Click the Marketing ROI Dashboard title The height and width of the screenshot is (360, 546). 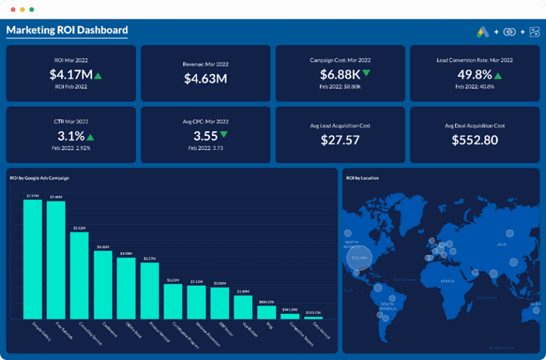point(67,30)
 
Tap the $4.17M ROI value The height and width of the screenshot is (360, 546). point(71,75)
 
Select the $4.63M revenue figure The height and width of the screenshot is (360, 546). point(206,78)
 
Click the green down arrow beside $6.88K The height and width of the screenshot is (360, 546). point(366,73)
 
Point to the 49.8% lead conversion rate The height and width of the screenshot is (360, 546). point(474,75)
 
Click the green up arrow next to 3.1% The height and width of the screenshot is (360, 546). point(90,137)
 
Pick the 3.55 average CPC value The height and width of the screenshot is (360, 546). point(205,136)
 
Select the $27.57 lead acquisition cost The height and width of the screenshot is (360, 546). point(340,140)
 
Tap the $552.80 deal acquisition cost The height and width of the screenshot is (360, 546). point(474,140)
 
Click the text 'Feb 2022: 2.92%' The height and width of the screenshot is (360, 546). point(71,148)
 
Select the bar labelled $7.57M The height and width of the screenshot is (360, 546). point(33,259)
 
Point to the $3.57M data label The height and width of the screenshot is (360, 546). point(149,259)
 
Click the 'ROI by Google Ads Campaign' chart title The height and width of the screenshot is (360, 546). point(39,178)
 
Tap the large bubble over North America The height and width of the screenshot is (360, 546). point(359,258)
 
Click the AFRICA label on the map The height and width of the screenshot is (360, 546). point(447,281)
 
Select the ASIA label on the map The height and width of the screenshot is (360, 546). point(502,244)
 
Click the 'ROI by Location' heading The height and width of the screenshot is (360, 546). point(362,178)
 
